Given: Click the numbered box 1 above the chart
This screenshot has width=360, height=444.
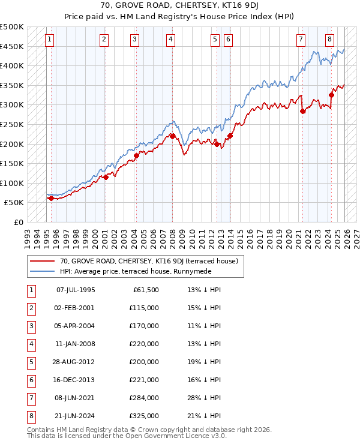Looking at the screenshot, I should tap(49, 40).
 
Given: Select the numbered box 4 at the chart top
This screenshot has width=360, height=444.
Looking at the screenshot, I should tap(170, 40).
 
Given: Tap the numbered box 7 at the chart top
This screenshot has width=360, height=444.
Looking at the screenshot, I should tap(301, 40).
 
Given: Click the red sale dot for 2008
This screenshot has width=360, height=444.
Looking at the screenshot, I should tap(173, 136).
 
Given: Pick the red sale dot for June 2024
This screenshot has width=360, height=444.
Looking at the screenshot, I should tap(332, 95).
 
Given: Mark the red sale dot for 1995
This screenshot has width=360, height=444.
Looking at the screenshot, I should tap(51, 198).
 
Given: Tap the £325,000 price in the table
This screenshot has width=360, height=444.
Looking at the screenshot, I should tap(144, 416).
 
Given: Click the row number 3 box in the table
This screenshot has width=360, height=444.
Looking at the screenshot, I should tap(30, 326).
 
